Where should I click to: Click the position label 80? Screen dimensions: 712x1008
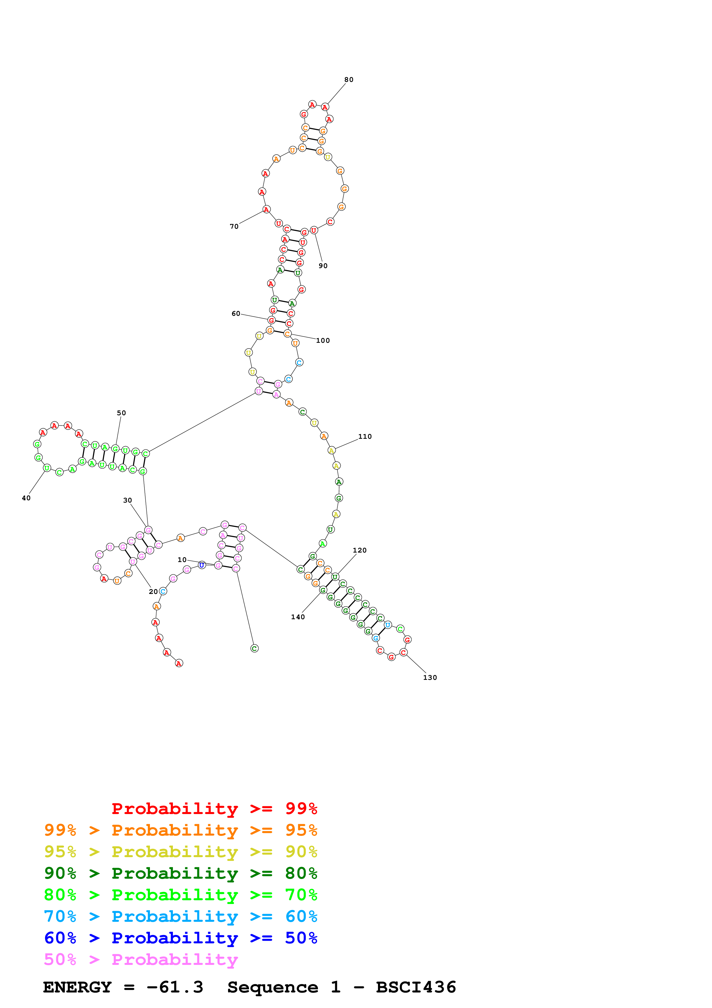348,80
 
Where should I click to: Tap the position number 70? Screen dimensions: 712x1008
234,226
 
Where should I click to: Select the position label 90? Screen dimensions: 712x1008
323,266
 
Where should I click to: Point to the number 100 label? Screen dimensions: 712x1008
323,341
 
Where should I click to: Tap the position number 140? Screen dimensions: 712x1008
298,617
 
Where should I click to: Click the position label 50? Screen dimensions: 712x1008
121,413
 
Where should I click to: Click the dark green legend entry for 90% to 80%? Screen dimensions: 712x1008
180,873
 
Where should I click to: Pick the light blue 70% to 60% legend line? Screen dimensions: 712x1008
180,916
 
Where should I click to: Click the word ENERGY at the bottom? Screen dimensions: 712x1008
77,987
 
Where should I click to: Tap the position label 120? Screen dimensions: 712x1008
359,550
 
